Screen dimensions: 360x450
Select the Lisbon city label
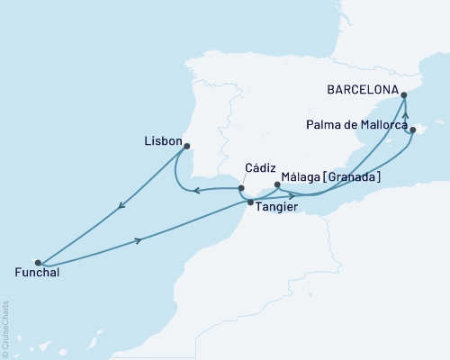pos(162,141)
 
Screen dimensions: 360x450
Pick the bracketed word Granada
pos(352,177)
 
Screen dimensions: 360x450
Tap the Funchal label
pos(37,273)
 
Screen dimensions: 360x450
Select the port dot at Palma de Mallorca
pos(412,130)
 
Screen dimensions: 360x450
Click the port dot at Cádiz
pos(241,188)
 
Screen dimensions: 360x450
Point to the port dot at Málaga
pos(277,185)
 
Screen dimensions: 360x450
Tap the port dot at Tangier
pos(250,202)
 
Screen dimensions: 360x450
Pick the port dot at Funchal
pos(37,262)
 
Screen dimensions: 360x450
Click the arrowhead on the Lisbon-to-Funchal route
pos(121,208)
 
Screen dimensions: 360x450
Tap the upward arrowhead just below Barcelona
pos(406,114)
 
